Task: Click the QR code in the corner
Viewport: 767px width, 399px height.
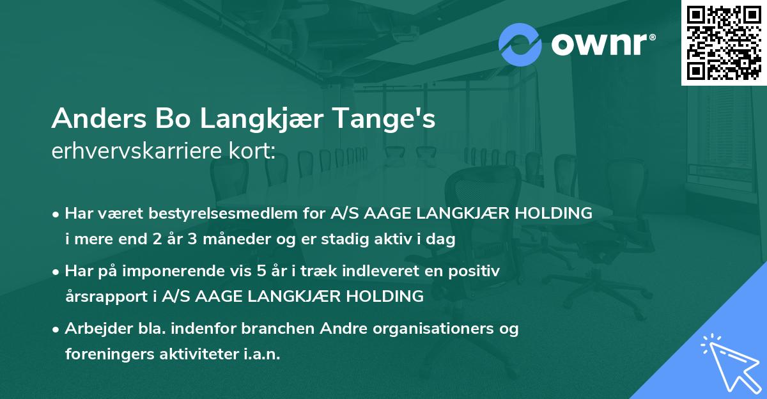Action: point(724,42)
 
